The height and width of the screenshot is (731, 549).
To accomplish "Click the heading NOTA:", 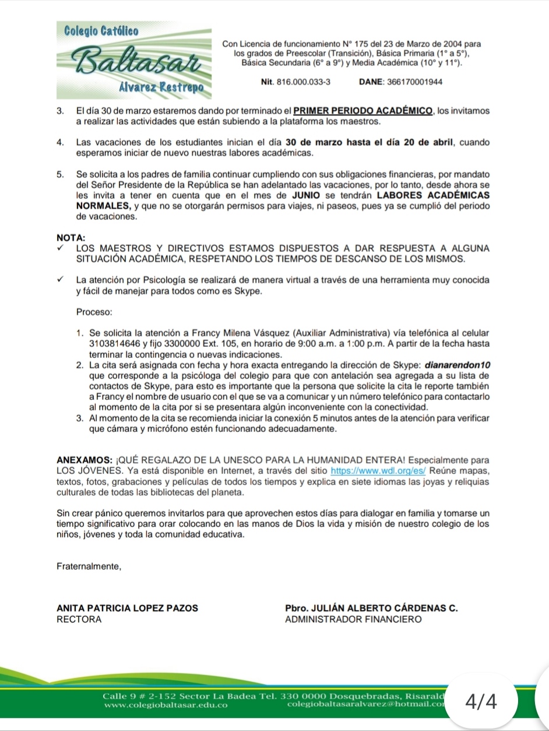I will (71, 238).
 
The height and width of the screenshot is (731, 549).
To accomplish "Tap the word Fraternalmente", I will (89, 566).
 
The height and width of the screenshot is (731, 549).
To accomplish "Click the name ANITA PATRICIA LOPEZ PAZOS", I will (127, 608).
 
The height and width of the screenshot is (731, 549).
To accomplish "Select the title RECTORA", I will (79, 619).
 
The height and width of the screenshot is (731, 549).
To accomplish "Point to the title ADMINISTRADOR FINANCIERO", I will (353, 619).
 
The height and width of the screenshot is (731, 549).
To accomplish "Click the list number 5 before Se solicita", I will (60, 174).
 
